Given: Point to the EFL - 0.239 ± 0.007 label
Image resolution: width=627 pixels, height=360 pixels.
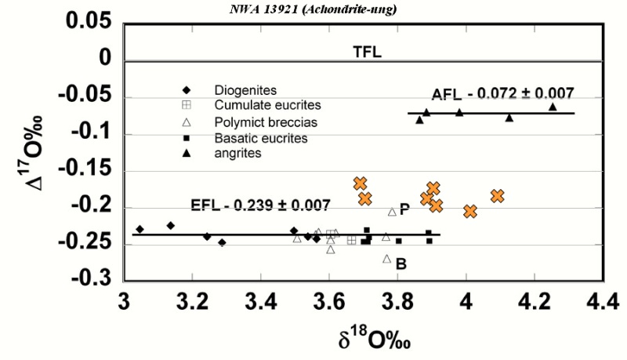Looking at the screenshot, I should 261,206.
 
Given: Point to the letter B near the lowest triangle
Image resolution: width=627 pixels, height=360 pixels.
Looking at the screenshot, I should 401,264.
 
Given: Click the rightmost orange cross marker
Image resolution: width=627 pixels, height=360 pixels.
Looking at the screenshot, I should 497,196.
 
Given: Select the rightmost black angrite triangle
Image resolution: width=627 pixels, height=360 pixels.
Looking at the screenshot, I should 553,106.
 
